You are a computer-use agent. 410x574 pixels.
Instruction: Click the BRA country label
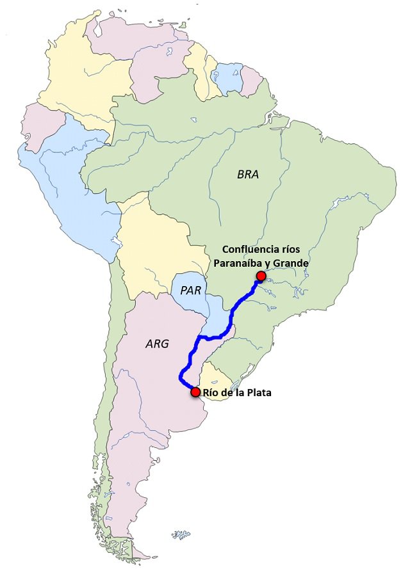(247, 174)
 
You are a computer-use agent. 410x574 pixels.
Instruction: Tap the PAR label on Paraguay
(191, 290)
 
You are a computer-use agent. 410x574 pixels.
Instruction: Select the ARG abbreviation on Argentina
(157, 344)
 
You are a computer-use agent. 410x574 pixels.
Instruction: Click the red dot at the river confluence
(260, 276)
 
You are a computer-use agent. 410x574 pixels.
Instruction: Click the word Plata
(258, 392)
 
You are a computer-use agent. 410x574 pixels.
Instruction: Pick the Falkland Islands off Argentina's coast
(181, 534)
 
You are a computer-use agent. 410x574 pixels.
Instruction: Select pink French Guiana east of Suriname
(250, 80)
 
